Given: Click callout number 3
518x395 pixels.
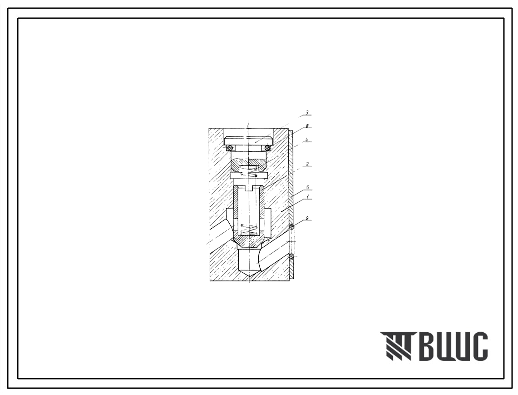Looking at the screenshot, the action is coord(307,113).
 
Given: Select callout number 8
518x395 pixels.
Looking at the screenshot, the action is coord(307,126).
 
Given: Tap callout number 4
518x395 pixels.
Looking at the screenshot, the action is coord(307,140).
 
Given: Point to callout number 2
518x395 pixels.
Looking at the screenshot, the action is coord(307,164).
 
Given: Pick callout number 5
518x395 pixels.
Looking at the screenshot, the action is coord(307,188).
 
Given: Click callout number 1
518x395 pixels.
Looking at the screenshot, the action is coord(307,197).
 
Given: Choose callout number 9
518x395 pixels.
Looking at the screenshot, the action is coord(307,218).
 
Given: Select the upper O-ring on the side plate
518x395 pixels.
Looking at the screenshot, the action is coord(292,227).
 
